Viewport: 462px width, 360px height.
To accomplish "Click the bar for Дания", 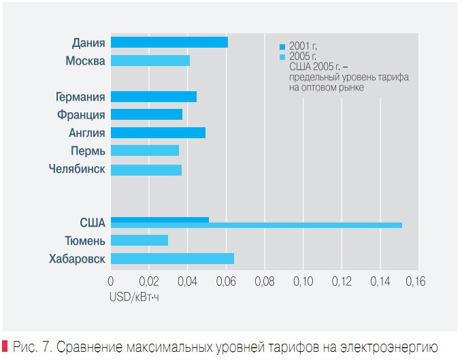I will pyautogui.click(x=169, y=42).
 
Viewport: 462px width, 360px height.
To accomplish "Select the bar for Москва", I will pyautogui.click(x=150, y=61).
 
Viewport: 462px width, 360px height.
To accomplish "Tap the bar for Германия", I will pyautogui.click(x=153, y=97).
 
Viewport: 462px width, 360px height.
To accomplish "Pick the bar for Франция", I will pyautogui.click(x=146, y=114).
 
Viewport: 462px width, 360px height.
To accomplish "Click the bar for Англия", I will pyautogui.click(x=157, y=132).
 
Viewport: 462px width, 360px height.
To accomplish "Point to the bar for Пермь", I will pyautogui.click(x=144, y=150).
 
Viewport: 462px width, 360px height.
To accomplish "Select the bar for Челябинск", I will pyautogui.click(x=146, y=169).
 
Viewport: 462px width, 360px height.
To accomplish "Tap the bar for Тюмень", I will pyautogui.click(x=139, y=240).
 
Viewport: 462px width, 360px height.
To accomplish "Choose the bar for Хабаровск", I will pyautogui.click(x=171, y=259).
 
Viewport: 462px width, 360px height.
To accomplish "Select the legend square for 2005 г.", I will pyautogui.click(x=282, y=56).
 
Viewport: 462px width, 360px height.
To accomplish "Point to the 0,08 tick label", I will pyautogui.click(x=264, y=281).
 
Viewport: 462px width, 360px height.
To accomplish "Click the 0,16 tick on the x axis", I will pyautogui.click(x=416, y=281).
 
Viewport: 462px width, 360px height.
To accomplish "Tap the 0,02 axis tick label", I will pyautogui.click(x=148, y=281).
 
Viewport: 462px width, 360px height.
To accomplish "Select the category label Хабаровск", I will pyautogui.click(x=77, y=259).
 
